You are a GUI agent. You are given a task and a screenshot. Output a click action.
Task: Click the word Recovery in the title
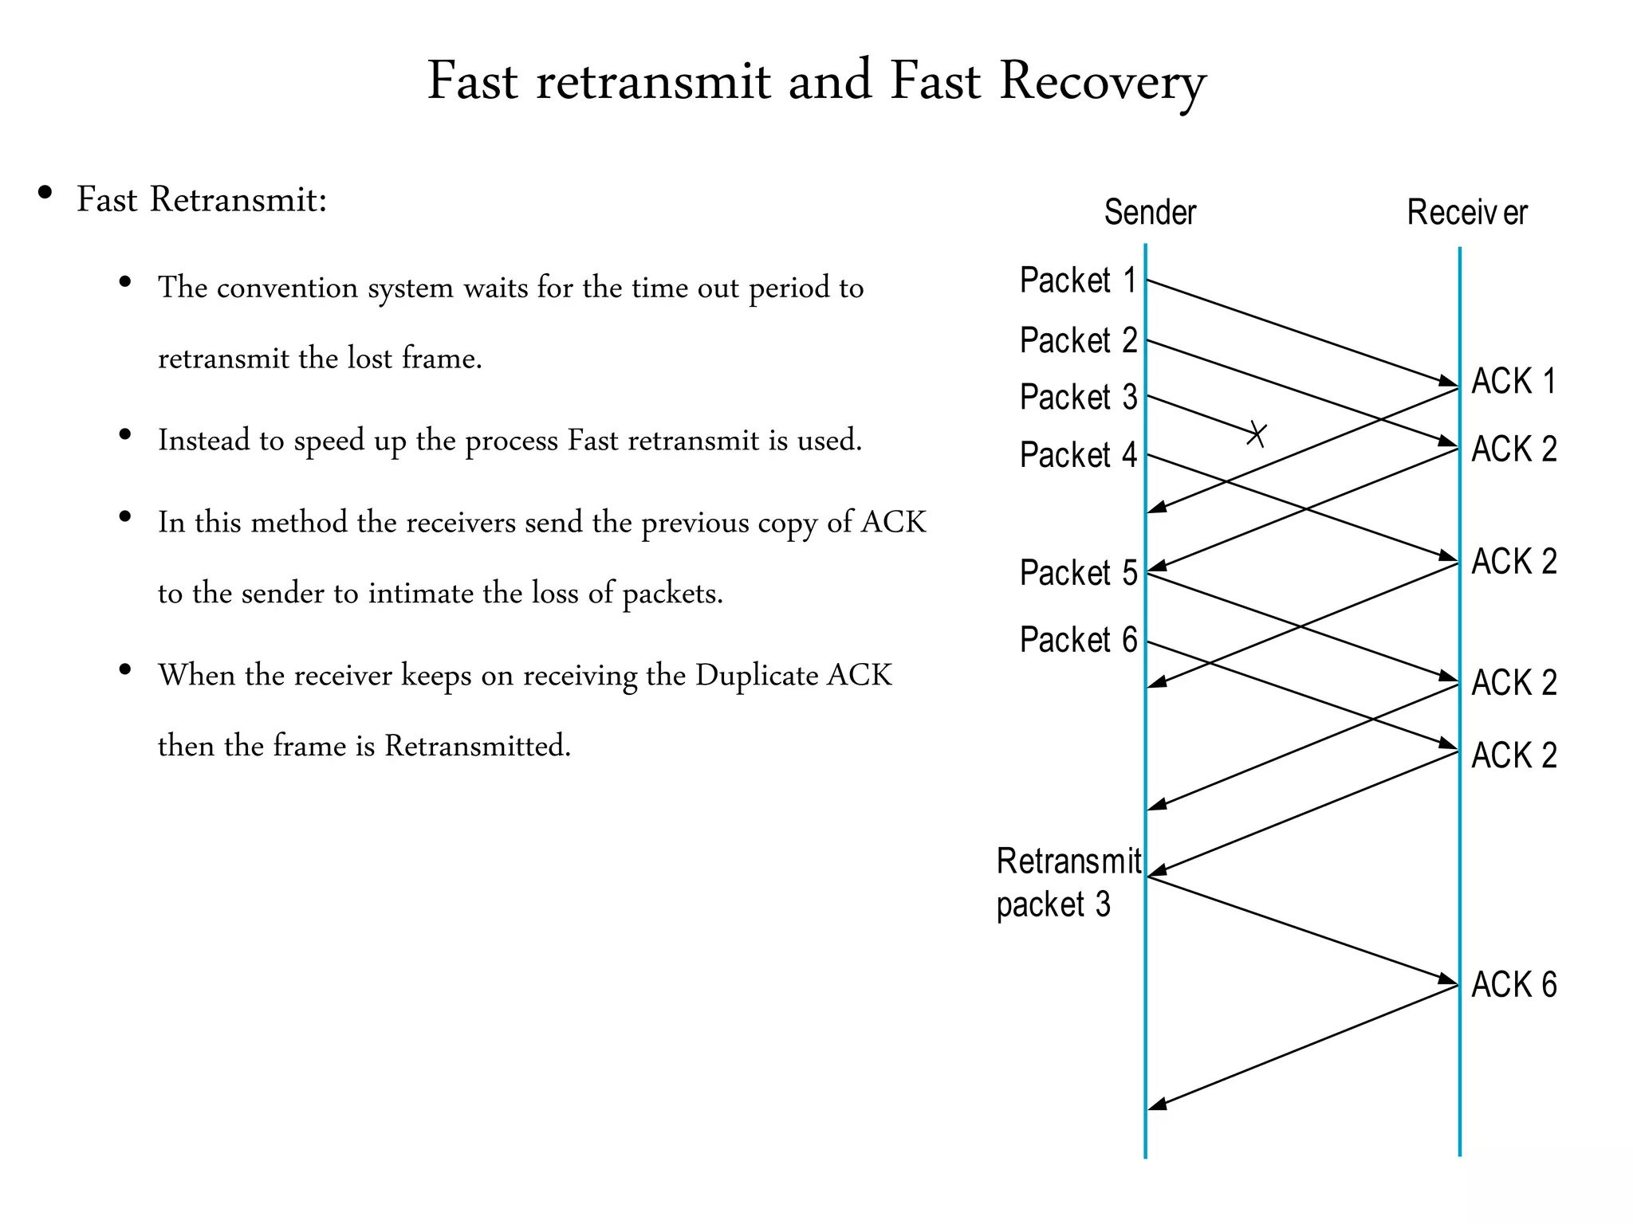(x=1102, y=81)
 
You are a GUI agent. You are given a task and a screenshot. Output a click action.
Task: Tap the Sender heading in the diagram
(x=1150, y=213)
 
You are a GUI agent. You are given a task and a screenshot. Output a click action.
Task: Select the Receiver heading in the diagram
(x=1466, y=213)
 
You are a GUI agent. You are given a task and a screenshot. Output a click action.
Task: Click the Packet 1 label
(x=1078, y=280)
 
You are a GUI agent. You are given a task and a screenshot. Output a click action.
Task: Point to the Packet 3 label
(x=1078, y=397)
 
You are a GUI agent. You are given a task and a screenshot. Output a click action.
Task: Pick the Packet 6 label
(x=1078, y=640)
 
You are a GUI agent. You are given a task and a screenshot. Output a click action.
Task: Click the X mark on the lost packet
(x=1257, y=434)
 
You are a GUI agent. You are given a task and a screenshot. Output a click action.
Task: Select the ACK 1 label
(x=1513, y=381)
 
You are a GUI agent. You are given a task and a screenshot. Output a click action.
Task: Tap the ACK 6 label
(x=1513, y=985)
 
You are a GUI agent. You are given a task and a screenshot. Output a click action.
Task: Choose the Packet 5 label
(x=1078, y=573)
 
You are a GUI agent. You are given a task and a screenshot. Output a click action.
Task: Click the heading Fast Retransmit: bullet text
(x=202, y=199)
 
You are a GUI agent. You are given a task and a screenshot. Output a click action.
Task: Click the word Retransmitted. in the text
(x=478, y=746)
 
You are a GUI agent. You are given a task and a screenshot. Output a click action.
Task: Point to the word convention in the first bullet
(x=287, y=288)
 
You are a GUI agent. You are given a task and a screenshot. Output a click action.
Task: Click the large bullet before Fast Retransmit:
(x=45, y=193)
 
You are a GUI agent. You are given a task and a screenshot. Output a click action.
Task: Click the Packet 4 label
(x=1078, y=455)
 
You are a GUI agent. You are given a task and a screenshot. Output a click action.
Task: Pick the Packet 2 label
(x=1078, y=340)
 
